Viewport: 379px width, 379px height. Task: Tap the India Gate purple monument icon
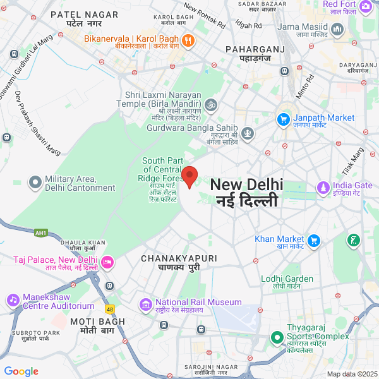pos(323,188)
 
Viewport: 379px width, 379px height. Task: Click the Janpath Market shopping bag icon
pos(284,119)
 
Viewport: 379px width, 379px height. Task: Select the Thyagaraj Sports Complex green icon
pos(275,337)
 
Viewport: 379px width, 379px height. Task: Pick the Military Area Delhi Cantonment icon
pos(35,183)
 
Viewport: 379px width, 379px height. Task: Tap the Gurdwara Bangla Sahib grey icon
pos(248,133)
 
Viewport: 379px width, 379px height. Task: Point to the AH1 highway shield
pos(42,233)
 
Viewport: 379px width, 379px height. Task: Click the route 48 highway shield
pos(110,309)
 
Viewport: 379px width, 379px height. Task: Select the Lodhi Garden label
pos(287,279)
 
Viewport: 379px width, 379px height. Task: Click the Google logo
pos(21,371)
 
